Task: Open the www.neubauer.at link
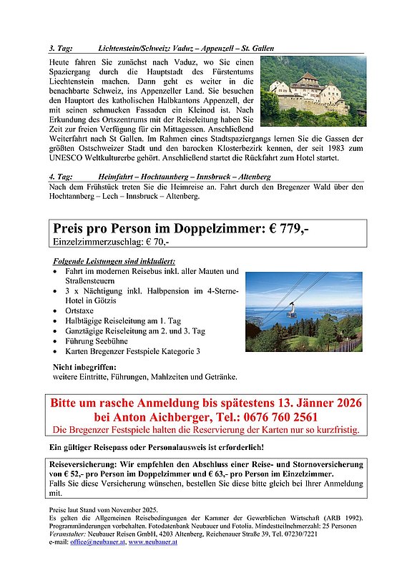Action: click(154, 543)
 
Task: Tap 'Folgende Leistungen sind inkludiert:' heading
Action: click(114, 261)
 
